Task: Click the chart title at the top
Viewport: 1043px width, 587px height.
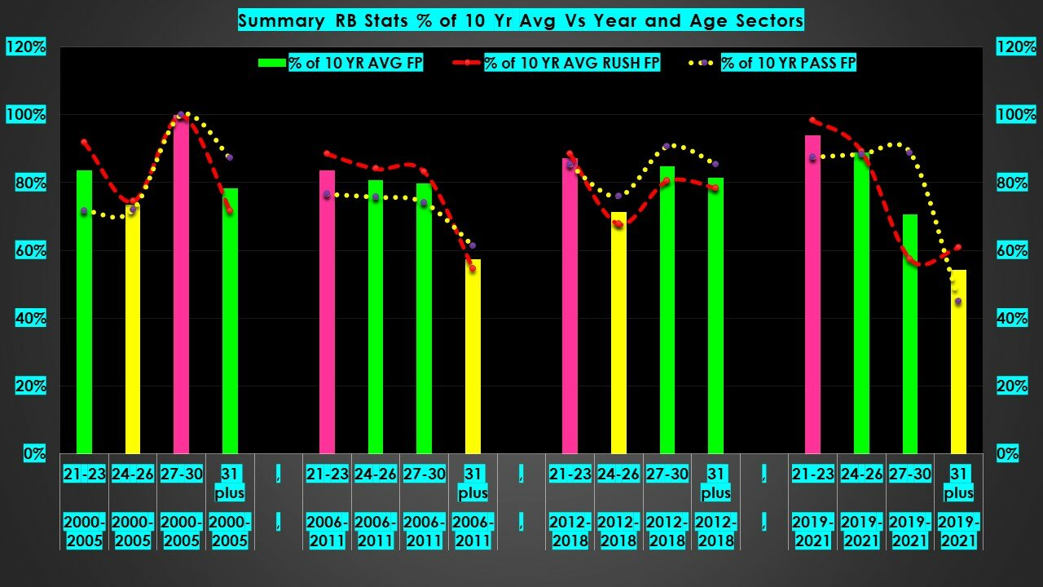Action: (521, 20)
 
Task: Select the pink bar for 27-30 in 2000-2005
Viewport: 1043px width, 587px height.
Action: (181, 285)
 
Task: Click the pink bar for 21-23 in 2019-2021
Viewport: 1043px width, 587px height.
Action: (812, 294)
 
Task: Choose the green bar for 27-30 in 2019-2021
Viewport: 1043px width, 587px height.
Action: (909, 334)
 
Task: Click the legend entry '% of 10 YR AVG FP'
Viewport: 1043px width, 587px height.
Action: (355, 63)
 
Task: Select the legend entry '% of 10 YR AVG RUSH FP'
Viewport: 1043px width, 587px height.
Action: (571, 63)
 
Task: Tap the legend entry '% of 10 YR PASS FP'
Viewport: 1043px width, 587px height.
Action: (788, 63)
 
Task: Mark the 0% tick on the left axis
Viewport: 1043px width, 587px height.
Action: (33, 453)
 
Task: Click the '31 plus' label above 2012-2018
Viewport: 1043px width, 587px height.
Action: (715, 483)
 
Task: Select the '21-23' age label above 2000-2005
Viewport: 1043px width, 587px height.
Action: (85, 474)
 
